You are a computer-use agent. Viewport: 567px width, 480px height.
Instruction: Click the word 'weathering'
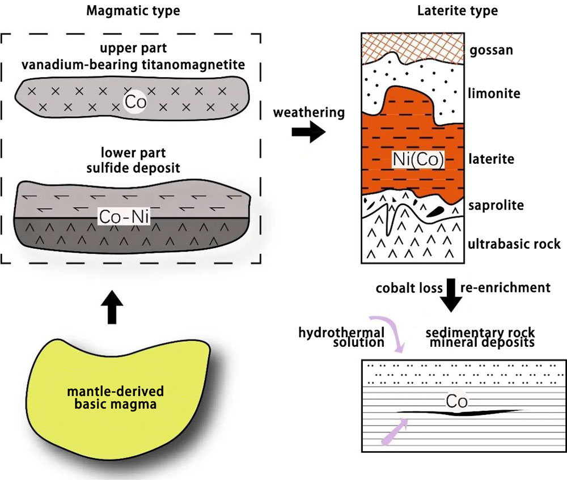[308, 113]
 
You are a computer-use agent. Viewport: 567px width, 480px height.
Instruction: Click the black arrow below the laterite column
[451, 295]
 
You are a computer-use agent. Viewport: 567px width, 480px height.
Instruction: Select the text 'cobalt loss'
[408, 288]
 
